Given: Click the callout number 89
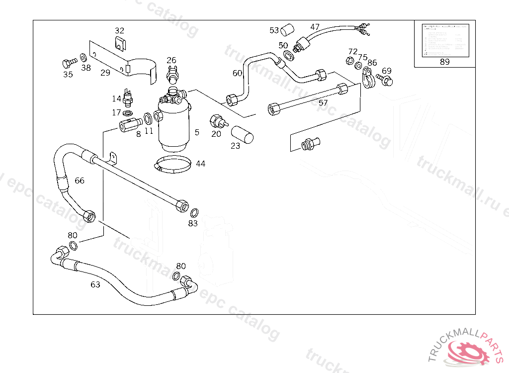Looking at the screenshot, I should coord(444,62).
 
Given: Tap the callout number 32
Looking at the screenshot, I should coord(119,30).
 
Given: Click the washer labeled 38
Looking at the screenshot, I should coord(83,59).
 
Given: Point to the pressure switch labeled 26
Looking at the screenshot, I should coord(172,75).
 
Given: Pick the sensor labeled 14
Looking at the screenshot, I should coord(130,97).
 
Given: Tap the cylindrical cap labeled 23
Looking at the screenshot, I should coord(243,134).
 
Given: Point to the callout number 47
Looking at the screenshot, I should coord(315,27).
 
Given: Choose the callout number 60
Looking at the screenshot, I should coord(237,73).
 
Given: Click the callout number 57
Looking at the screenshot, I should coord(323,103).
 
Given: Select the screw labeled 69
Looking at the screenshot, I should coord(384,79).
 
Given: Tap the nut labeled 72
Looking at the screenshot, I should coord(349,61).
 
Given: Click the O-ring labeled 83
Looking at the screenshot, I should coord(195,212).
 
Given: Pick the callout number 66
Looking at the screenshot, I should coord(80,181).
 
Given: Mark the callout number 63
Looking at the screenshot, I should coord(95,284).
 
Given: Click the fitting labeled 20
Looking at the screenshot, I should coord(217,121).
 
